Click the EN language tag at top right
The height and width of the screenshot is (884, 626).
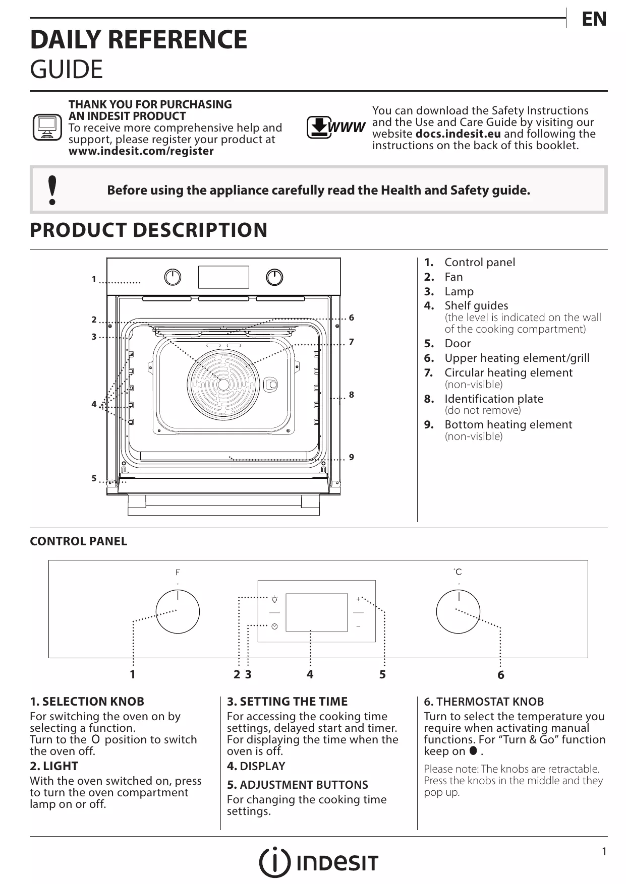point(594,19)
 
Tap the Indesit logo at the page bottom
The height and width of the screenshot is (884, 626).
point(318,862)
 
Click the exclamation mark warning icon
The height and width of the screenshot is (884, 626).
point(51,191)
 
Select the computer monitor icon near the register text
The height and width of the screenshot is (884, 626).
point(47,128)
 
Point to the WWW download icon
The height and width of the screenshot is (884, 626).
point(335,128)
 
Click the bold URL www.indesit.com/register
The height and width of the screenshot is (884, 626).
point(141,151)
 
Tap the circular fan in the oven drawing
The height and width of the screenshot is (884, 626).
point(223,383)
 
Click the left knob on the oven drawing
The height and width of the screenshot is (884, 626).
point(173,277)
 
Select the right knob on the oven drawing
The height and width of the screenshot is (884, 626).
point(274,277)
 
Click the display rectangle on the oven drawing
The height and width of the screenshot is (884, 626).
point(223,277)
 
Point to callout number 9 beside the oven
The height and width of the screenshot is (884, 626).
point(352,457)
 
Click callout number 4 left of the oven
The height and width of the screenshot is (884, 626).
point(94,404)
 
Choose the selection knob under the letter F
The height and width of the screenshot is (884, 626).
point(178,612)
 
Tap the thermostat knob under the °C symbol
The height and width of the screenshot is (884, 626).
point(459,612)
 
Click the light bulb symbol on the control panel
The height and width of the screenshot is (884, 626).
point(274,599)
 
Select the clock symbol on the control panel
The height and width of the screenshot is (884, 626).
point(274,626)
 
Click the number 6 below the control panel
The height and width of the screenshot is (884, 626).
point(500,675)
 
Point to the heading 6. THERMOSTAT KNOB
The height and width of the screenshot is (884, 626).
point(484,702)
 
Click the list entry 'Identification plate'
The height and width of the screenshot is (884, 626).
point(493,399)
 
